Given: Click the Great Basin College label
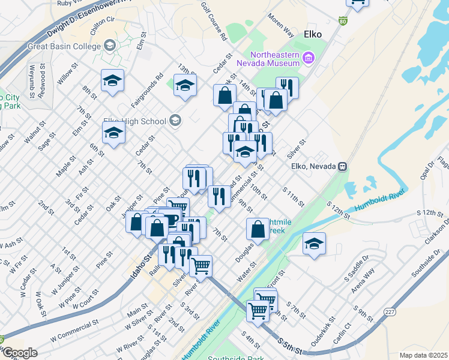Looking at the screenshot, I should [64, 46].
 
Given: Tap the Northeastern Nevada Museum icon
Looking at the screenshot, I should [309, 58].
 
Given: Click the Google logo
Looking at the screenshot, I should [20, 352].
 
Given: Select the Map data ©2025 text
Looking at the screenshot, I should [424, 355].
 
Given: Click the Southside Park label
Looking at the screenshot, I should [235, 358].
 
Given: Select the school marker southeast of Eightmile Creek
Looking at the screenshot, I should [314, 244].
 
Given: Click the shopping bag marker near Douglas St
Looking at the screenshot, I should [258, 228].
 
